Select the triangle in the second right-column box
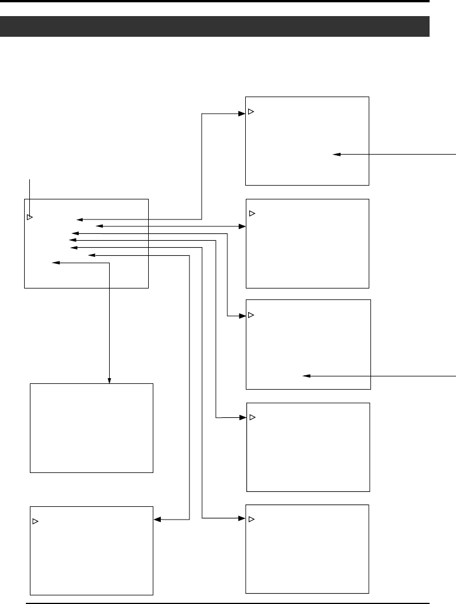[252, 214]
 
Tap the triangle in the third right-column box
[251, 316]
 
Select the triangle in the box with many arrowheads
[30, 218]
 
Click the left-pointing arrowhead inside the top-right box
[336, 154]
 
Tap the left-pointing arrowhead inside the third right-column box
[306, 376]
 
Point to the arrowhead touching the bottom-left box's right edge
[157, 520]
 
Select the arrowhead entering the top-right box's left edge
[242, 113]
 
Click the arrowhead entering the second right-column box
[243, 226]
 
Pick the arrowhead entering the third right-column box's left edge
[243, 316]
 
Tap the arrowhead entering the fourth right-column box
[243, 417]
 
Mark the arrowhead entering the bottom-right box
[243, 518]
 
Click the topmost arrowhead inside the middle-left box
[80, 219]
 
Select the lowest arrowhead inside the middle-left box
[55, 263]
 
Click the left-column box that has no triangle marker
[91, 428]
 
